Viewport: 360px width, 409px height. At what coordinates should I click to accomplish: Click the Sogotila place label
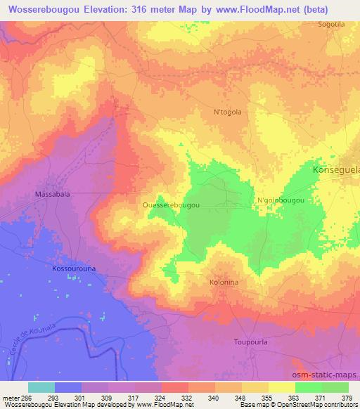(x=331, y=24)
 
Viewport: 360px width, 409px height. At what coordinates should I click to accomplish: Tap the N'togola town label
(x=227, y=111)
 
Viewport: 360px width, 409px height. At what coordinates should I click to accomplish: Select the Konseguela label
(x=335, y=170)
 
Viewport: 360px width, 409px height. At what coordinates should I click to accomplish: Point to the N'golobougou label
(x=281, y=200)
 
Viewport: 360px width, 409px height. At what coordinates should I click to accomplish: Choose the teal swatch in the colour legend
(x=41, y=387)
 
